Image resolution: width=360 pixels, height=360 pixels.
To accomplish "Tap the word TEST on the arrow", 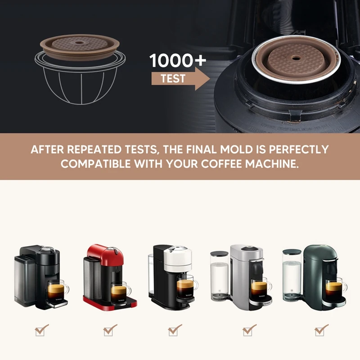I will click(x=173, y=78).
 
